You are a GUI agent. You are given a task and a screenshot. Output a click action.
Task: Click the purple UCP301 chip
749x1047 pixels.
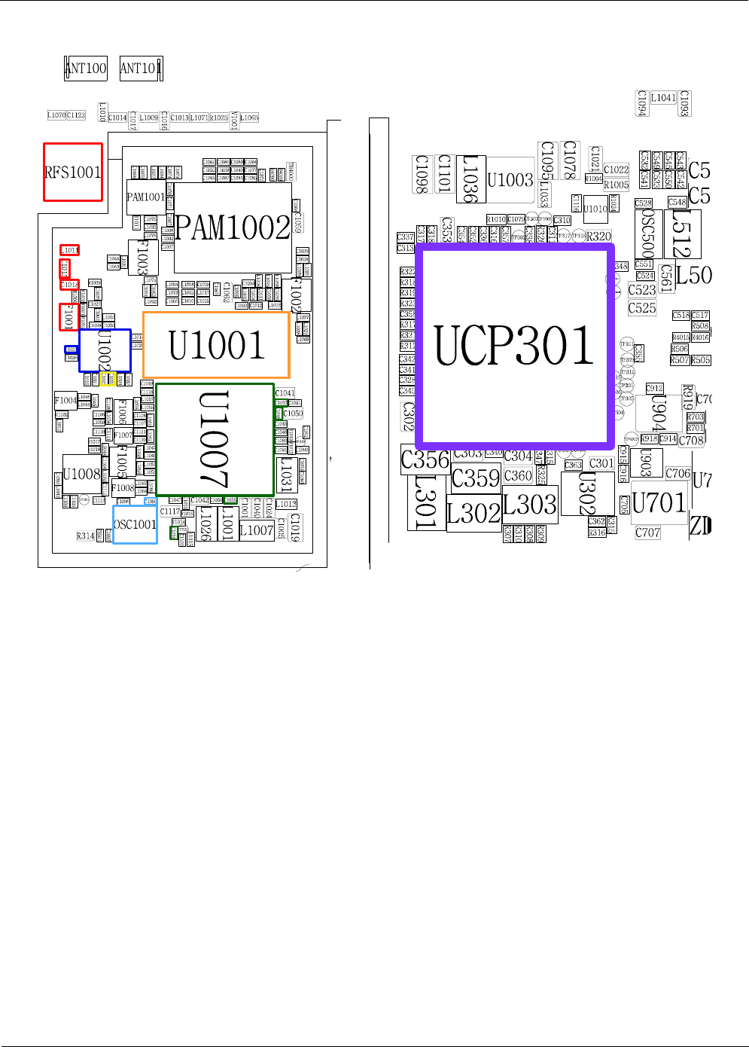coord(515,345)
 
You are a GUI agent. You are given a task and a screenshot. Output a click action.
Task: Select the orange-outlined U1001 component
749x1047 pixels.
coord(216,345)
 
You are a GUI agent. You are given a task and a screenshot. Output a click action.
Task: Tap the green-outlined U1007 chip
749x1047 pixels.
coord(215,439)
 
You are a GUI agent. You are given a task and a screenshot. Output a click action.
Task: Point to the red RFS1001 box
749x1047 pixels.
coord(73,172)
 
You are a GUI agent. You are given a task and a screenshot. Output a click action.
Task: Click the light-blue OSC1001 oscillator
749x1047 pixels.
coord(135,524)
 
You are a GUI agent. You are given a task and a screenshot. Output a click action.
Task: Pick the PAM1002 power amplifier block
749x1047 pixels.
coord(233,227)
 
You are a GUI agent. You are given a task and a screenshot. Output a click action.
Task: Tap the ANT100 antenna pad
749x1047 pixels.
coord(86,69)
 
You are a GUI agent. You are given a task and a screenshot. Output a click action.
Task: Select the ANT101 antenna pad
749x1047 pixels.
coord(140,69)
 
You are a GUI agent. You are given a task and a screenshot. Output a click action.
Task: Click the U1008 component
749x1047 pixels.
coord(81,474)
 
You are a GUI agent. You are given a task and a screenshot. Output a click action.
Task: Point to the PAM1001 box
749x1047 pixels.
coord(145,197)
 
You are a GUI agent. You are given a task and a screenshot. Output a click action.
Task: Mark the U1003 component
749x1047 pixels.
coord(510,179)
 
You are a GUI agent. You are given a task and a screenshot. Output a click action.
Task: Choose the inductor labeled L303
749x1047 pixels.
coord(530,504)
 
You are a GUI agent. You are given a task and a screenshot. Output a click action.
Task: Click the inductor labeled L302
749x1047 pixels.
coord(473,514)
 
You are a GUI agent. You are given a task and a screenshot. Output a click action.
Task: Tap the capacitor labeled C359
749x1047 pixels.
coord(476,478)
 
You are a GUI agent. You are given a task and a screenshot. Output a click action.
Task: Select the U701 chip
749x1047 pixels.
coord(659,502)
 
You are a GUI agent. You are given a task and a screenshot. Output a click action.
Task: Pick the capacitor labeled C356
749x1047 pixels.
coord(425,459)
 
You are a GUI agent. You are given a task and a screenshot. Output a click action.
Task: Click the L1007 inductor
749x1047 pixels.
coord(257,530)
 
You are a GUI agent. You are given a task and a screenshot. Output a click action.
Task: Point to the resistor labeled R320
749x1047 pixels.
coord(599,236)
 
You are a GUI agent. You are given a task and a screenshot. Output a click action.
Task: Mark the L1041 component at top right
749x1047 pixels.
coord(663,98)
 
